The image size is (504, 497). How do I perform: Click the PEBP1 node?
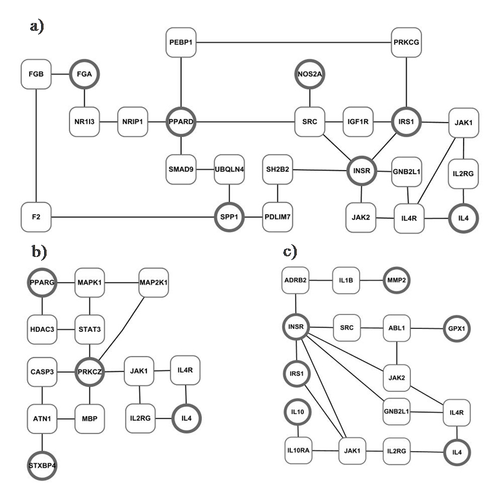[181, 42]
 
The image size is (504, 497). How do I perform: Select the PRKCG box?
[406, 42]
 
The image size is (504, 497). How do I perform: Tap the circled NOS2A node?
[310, 74]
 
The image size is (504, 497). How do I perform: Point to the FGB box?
[36, 74]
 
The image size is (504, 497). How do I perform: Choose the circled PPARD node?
[181, 122]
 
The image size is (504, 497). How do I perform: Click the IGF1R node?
[358, 122]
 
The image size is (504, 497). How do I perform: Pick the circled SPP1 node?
[229, 217]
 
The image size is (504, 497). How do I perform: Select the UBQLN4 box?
[229, 169]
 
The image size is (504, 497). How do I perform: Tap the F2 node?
[36, 217]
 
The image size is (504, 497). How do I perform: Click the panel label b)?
[39, 252]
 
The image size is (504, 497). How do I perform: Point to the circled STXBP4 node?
[42, 466]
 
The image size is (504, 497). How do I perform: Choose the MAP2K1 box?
[153, 283]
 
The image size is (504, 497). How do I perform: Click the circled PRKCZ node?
[89, 372]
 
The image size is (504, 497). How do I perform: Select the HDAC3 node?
[42, 330]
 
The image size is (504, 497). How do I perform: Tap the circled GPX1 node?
[457, 329]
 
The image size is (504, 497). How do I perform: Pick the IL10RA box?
[299, 450]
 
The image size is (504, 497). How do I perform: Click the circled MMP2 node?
[396, 280]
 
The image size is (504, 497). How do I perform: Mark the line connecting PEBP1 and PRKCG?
[294, 42]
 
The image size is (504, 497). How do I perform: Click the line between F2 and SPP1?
[133, 217]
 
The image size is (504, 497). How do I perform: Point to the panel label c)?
[290, 252]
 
